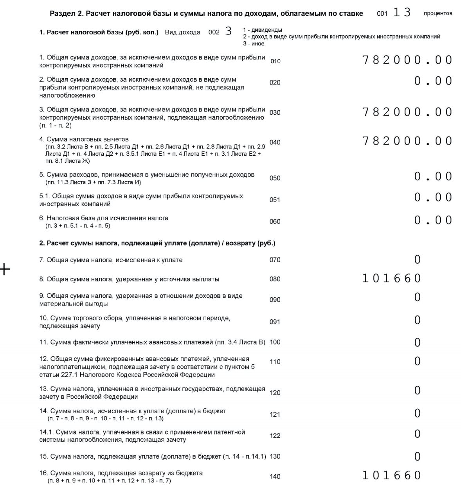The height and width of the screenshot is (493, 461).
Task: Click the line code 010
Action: (x=276, y=61)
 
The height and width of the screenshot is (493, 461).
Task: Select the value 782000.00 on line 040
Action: (x=407, y=141)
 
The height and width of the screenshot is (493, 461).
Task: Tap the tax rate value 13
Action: (x=402, y=13)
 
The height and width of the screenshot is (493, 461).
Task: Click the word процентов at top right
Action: (x=438, y=13)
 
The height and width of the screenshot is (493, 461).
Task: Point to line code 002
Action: (x=214, y=32)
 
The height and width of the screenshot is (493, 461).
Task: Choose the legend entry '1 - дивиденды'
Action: (x=262, y=30)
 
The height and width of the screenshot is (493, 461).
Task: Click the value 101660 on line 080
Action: (x=391, y=279)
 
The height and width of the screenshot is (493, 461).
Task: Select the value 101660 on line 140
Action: (x=391, y=475)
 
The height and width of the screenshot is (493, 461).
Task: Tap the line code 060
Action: (x=275, y=221)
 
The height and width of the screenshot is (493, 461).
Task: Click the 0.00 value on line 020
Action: (x=433, y=81)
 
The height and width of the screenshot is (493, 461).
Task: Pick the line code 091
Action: (x=275, y=322)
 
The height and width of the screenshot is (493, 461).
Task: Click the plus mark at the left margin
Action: (x=5, y=269)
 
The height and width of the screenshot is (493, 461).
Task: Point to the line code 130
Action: (x=275, y=456)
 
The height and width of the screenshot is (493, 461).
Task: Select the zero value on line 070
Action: (x=417, y=259)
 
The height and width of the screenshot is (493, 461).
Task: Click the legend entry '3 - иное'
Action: (x=254, y=43)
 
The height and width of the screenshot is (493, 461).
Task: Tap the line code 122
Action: (x=275, y=435)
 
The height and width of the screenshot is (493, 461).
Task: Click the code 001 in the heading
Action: (x=382, y=14)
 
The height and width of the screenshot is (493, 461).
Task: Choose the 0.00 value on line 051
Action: (x=433, y=198)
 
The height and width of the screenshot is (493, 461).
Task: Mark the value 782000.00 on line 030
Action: (x=407, y=112)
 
